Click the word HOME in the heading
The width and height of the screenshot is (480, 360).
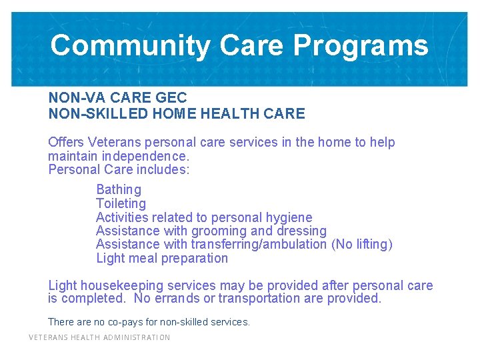176,114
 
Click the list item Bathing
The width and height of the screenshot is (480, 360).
119,190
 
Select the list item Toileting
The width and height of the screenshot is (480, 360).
121,203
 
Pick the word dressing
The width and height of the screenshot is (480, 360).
302,231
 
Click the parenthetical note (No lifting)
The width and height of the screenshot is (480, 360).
362,245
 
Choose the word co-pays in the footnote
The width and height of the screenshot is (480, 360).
119,322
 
